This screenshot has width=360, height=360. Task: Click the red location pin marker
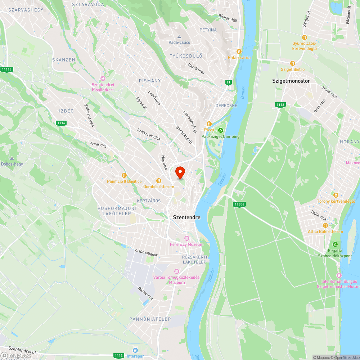pyautogui.click(x=180, y=172)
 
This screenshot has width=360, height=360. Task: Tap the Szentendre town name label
pyautogui.click(x=186, y=217)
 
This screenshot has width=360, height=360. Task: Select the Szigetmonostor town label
pyautogui.click(x=291, y=81)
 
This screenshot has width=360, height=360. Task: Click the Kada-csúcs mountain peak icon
pyautogui.click(x=179, y=37)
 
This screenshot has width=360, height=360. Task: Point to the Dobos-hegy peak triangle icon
pyautogui.click(x=12, y=158)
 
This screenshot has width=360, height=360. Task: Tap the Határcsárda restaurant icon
pyautogui.click(x=239, y=51)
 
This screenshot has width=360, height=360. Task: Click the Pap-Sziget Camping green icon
pyautogui.click(x=221, y=130)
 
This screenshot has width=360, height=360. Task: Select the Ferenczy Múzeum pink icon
pyautogui.click(x=186, y=238)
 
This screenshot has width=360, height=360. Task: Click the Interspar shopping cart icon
pyautogui.click(x=135, y=350)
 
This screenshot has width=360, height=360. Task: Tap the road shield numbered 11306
pyautogui.click(x=239, y=204)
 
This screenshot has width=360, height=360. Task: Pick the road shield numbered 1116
pyautogui.click(x=61, y=123)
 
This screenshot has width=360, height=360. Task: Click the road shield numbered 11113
pyautogui.click(x=6, y=69)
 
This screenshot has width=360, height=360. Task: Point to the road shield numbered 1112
pyautogui.click(x=119, y=355)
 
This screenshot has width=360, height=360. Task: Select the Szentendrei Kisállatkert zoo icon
pyautogui.click(x=103, y=78)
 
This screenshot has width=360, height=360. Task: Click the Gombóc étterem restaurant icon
pyautogui.click(x=158, y=180)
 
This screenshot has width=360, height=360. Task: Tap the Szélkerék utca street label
pyautogui.click(x=149, y=134)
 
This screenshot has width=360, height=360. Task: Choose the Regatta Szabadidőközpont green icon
pyautogui.click(x=336, y=244)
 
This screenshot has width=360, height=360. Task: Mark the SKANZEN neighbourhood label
pyautogui.click(x=64, y=60)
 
